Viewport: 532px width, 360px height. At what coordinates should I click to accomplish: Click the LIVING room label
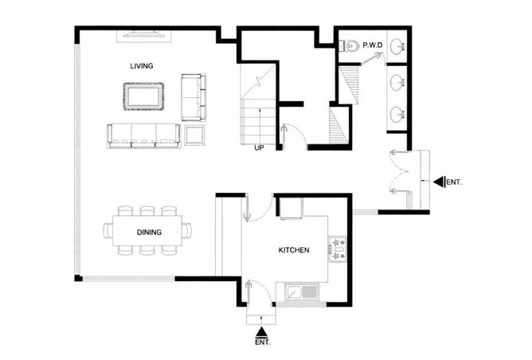click(142, 66)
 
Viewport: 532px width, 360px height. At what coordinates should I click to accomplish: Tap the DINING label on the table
click(149, 233)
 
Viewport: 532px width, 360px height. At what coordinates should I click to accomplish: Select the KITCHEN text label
click(294, 250)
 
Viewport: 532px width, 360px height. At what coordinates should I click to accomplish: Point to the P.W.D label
click(373, 45)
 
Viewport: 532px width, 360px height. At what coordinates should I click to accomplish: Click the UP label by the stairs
click(259, 148)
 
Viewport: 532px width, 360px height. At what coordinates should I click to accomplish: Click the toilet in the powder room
click(349, 46)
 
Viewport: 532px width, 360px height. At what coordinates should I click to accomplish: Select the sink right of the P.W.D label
click(397, 46)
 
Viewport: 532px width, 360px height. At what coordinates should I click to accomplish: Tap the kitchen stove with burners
click(337, 248)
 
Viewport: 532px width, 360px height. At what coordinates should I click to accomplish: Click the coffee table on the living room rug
click(144, 96)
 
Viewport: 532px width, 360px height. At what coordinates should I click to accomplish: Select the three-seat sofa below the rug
click(144, 135)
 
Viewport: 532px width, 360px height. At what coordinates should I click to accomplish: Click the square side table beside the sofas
click(195, 135)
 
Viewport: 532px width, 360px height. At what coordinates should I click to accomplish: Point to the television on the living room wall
click(144, 34)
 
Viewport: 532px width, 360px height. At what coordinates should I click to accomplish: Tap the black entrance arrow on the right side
click(439, 182)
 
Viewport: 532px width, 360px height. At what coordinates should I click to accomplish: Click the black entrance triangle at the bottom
click(261, 331)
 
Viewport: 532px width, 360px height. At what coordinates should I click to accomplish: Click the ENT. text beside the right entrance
click(454, 182)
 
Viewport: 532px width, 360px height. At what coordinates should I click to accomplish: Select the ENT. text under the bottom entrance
click(263, 342)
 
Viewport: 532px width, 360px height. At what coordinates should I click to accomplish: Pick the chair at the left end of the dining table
click(108, 231)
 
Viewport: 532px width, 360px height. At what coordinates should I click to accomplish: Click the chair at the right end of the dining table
click(186, 231)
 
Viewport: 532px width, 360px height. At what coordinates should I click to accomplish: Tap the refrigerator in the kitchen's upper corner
click(291, 208)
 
